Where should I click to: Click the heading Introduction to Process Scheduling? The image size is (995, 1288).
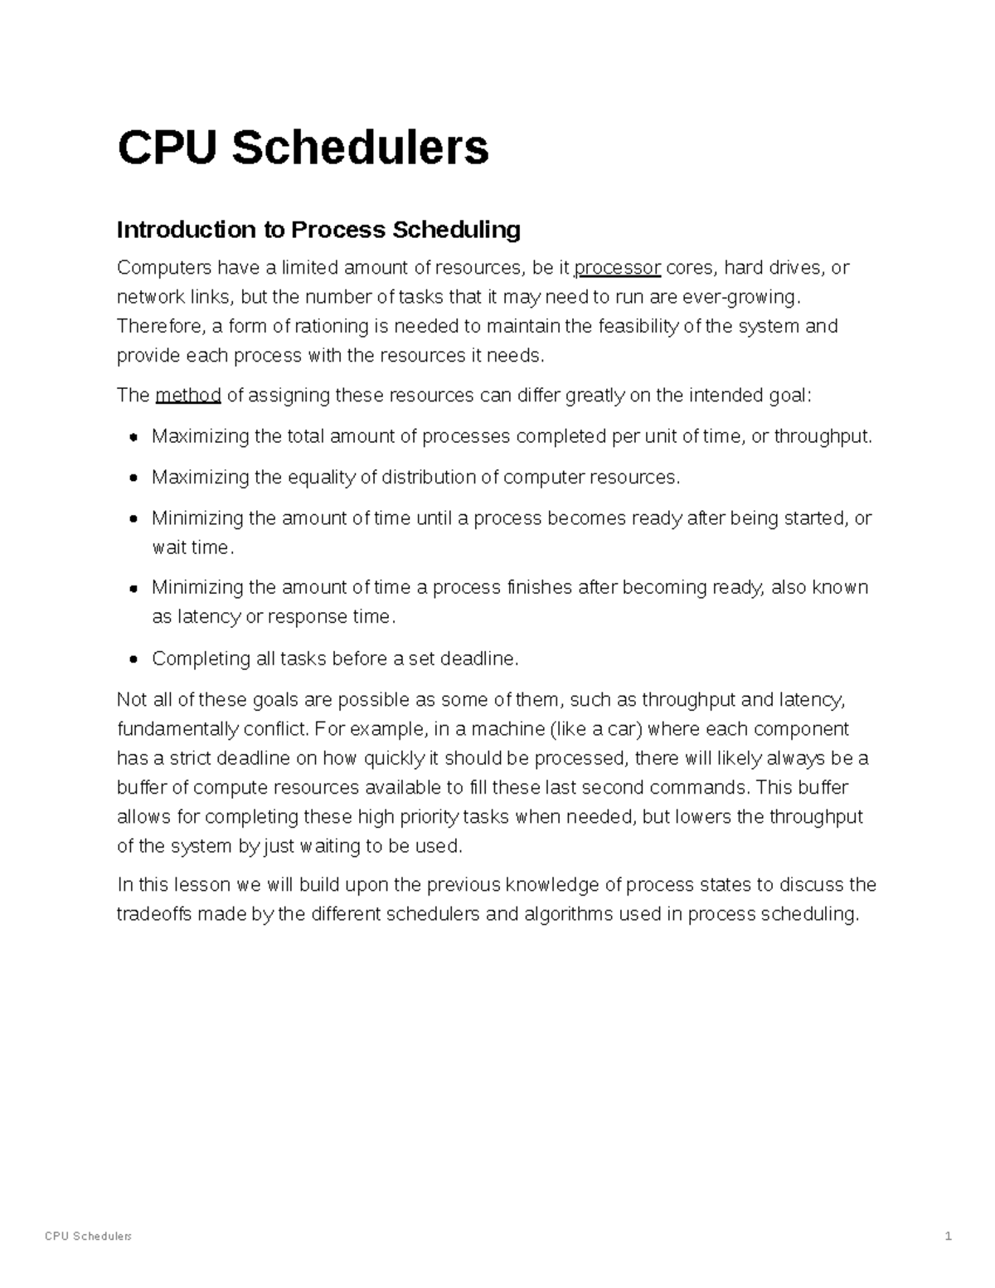(x=318, y=230)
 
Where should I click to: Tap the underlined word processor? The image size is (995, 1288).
(x=618, y=268)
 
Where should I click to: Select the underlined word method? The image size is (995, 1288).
(x=188, y=395)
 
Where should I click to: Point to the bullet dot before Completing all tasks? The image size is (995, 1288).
(x=133, y=659)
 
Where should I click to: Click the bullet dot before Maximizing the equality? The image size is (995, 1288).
(x=133, y=478)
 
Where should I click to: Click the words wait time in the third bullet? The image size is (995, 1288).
(x=191, y=547)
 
